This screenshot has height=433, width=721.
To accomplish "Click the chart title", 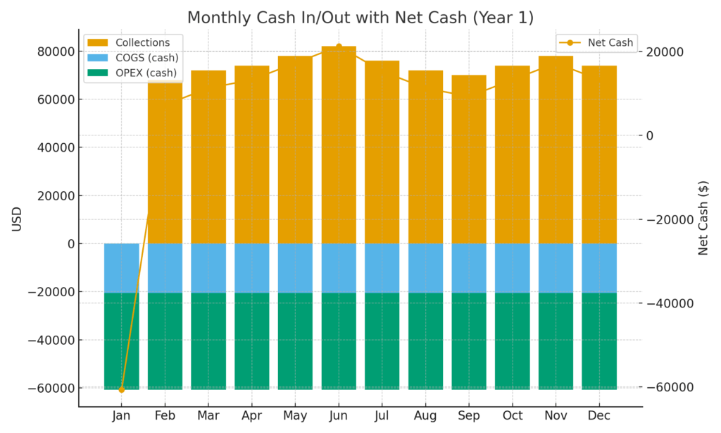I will [x=360, y=17].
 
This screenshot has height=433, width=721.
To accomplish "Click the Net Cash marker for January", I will [x=121, y=389].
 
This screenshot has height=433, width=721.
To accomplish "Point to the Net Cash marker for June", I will [x=339, y=47].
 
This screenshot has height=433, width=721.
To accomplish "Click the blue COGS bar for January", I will [x=121, y=268].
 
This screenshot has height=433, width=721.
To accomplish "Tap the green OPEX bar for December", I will [x=599, y=341].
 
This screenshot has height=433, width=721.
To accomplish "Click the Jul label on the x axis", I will [x=382, y=416].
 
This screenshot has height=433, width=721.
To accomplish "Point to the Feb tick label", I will [x=164, y=416].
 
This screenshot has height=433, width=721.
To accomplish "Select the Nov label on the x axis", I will [x=556, y=416].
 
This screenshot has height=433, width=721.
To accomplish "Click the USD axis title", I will [x=17, y=219].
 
